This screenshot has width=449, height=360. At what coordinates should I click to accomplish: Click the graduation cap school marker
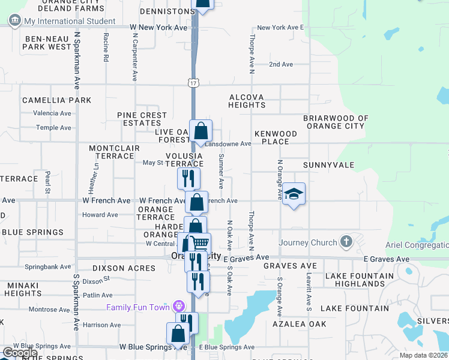[x=294, y=194]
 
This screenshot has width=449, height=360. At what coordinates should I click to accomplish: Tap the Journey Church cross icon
[x=345, y=242]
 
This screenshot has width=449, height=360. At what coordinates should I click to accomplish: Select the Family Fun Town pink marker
[x=179, y=307]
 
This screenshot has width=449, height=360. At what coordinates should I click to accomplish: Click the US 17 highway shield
[x=191, y=82]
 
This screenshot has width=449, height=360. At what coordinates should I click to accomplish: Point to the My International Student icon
[x=14, y=21]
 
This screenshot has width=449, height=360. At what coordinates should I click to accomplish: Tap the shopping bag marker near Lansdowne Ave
[x=201, y=130]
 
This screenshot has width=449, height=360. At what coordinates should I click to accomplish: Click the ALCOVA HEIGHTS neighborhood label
[x=247, y=101]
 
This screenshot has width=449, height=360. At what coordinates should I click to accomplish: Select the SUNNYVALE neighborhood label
[x=328, y=164]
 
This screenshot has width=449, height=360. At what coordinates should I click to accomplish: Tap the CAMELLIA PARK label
[x=56, y=100]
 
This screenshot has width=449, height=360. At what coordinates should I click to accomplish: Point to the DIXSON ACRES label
[x=124, y=268]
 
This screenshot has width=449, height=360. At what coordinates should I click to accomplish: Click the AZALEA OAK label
[x=298, y=323]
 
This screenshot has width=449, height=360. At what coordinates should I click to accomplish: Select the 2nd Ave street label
[x=280, y=64]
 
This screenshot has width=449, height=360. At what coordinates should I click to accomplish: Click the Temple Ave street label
[x=53, y=127]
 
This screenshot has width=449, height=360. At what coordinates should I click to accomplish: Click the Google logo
[x=20, y=352]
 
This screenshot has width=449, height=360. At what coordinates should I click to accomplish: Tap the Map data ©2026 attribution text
[x=423, y=355]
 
